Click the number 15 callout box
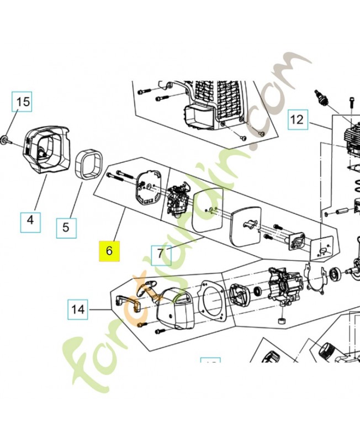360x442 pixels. (22, 102)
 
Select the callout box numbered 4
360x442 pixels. (30, 220)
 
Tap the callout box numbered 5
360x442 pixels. (66, 226)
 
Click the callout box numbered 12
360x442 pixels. (297, 119)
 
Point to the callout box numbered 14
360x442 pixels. (78, 309)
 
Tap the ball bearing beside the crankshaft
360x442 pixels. (335, 273)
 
